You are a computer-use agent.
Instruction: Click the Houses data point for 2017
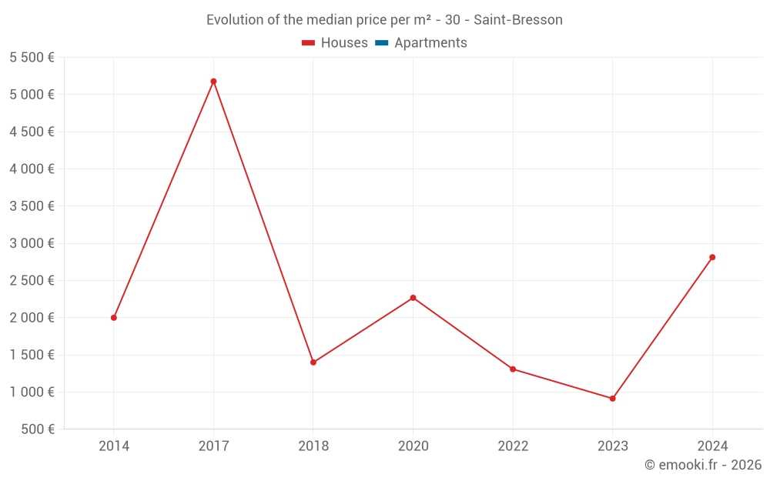click(x=213, y=81)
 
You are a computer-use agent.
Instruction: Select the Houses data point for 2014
click(x=114, y=317)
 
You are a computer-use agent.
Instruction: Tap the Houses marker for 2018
click(x=313, y=362)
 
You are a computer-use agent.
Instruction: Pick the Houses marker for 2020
click(x=413, y=297)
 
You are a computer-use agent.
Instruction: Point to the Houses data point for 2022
click(x=513, y=369)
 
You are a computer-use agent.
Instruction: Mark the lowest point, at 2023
click(x=612, y=398)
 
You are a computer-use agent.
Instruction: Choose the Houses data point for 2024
click(x=712, y=257)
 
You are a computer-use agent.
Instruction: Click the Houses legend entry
click(x=335, y=43)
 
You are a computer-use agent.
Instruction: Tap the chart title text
click(x=384, y=19)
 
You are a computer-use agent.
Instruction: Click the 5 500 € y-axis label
click(x=32, y=57)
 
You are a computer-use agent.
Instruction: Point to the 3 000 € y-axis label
click(x=32, y=243)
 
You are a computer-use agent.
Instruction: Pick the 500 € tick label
click(x=38, y=429)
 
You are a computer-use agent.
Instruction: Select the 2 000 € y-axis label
click(x=32, y=317)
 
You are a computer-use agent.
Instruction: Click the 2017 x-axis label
click(x=213, y=446)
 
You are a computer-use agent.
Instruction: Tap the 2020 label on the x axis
click(x=413, y=446)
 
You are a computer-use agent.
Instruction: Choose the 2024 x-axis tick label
click(x=712, y=446)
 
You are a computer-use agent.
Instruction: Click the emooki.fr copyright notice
click(x=702, y=465)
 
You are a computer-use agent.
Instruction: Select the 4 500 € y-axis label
click(x=32, y=132)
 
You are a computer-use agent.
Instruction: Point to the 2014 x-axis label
click(x=114, y=446)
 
